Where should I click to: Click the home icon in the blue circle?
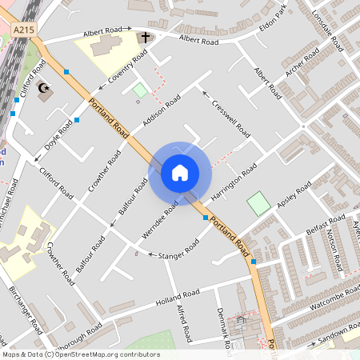click(180, 172)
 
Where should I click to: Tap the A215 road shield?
click(22, 29)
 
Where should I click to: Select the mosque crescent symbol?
click(42, 86)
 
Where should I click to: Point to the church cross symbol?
click(146, 38)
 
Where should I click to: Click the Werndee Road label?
click(161, 214)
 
